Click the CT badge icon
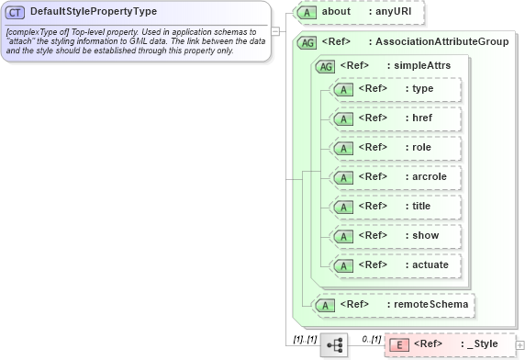click(16, 12)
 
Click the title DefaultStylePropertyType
click(93, 12)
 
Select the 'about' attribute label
click(337, 12)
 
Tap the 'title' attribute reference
click(420, 206)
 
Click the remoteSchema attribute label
click(430, 303)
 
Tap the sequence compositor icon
click(334, 345)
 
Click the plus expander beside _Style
click(520, 344)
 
